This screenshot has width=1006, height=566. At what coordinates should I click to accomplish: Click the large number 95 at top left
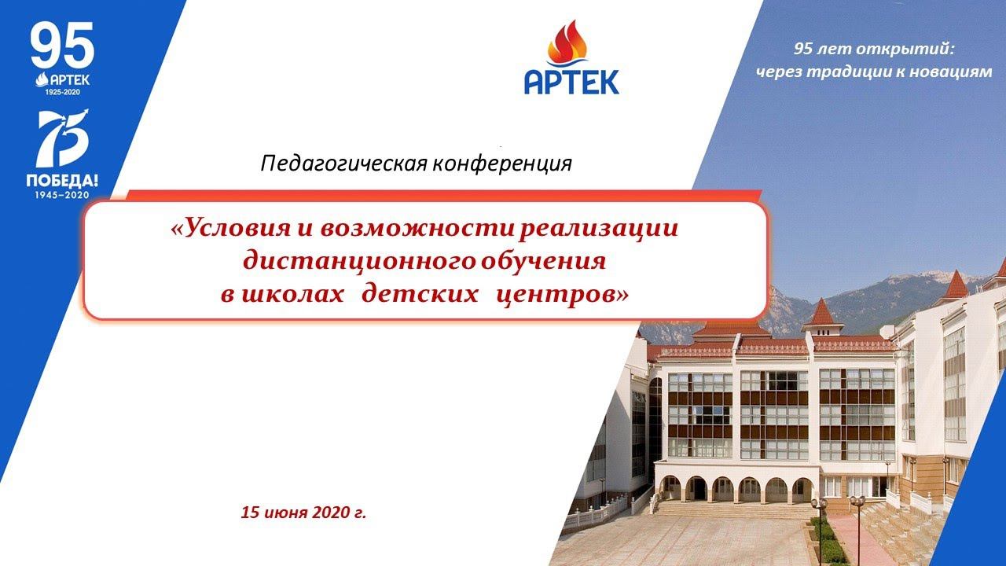click(x=62, y=46)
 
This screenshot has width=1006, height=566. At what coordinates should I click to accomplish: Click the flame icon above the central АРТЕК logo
click(x=571, y=45)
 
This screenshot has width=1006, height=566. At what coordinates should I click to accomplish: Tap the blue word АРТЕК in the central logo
click(x=571, y=81)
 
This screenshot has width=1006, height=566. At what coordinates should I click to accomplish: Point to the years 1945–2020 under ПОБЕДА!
click(x=62, y=194)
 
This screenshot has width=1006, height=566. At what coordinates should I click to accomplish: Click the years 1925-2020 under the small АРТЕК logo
click(x=62, y=92)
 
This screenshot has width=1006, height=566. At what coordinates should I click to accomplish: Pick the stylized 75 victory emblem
click(x=63, y=138)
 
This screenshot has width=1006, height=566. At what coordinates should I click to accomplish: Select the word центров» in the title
click(x=563, y=294)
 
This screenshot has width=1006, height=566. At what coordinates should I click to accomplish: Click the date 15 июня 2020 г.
click(x=304, y=513)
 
